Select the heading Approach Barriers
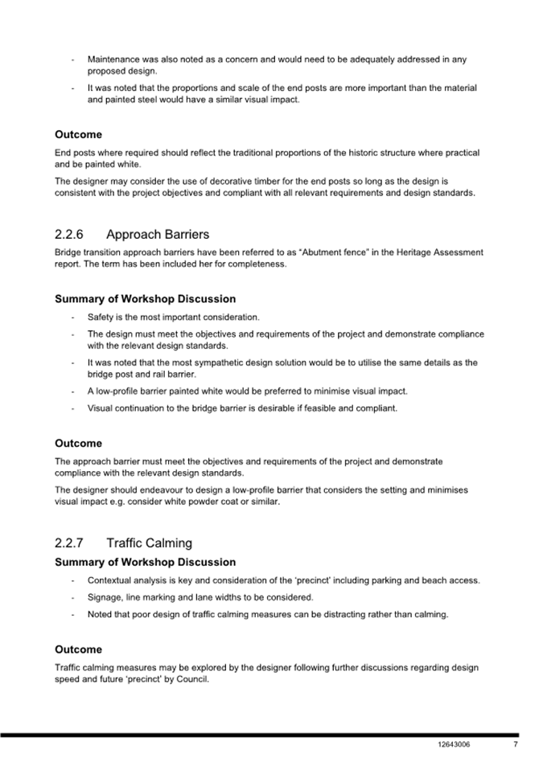coord(158,235)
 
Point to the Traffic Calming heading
coord(149,543)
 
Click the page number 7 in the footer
coord(515,744)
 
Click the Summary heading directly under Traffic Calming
coord(145,562)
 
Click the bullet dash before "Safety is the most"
coord(74,317)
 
